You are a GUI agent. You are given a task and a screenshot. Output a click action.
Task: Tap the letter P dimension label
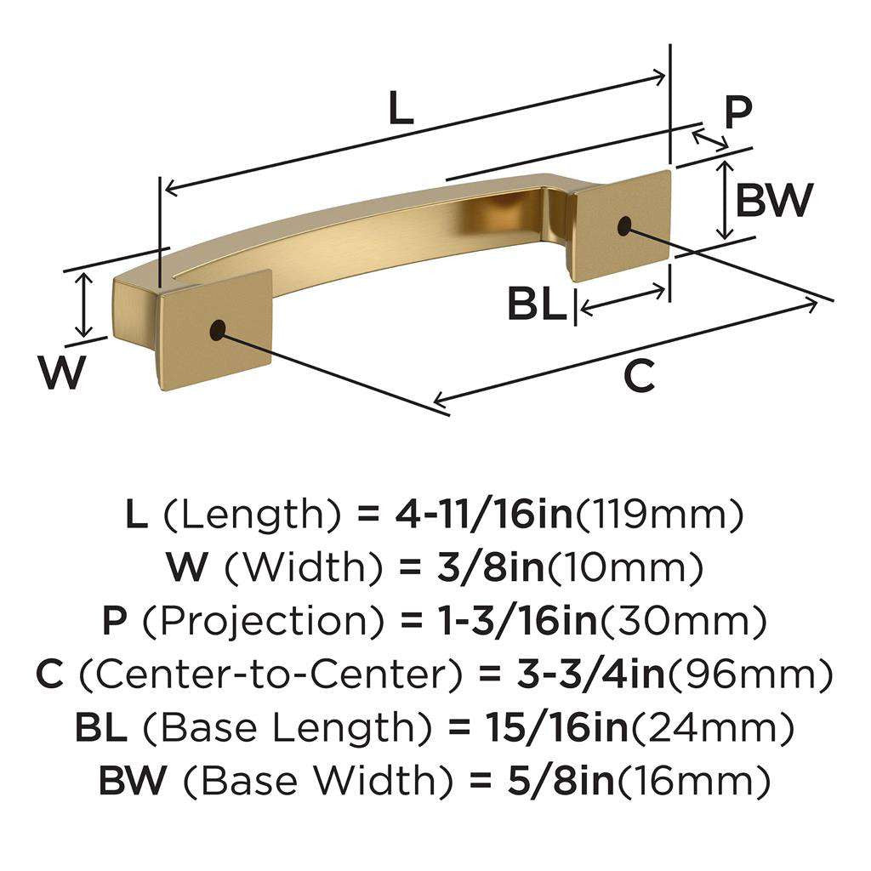click(737, 111)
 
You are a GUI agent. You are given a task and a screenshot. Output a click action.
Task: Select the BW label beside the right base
click(774, 201)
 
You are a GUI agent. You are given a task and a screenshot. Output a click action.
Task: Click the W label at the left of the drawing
click(64, 372)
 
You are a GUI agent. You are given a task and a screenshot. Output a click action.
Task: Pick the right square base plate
click(621, 225)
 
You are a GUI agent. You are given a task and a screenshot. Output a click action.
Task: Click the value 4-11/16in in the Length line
click(483, 515)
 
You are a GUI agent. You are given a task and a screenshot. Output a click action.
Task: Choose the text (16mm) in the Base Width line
click(693, 781)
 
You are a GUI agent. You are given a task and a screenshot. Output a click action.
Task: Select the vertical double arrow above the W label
click(83, 305)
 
